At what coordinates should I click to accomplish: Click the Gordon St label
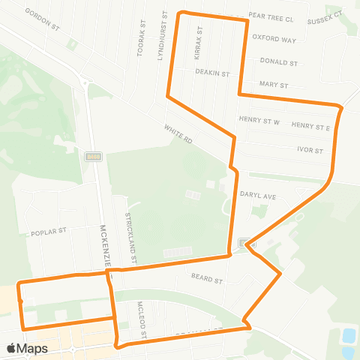coord(42,19)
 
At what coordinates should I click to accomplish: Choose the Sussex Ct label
coord(325,14)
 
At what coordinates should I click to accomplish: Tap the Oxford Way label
coord(274,38)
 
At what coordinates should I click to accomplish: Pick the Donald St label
coord(279,62)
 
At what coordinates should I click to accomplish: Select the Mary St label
coord(273,85)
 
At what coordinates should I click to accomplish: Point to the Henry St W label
coord(259,120)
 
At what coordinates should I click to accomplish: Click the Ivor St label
coord(310,150)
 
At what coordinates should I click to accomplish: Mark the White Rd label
coord(178,135)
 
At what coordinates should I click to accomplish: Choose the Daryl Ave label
coord(258,196)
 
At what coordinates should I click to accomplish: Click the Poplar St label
coord(49,232)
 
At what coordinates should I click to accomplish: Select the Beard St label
coord(207,281)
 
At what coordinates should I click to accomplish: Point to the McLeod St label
coord(142,319)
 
